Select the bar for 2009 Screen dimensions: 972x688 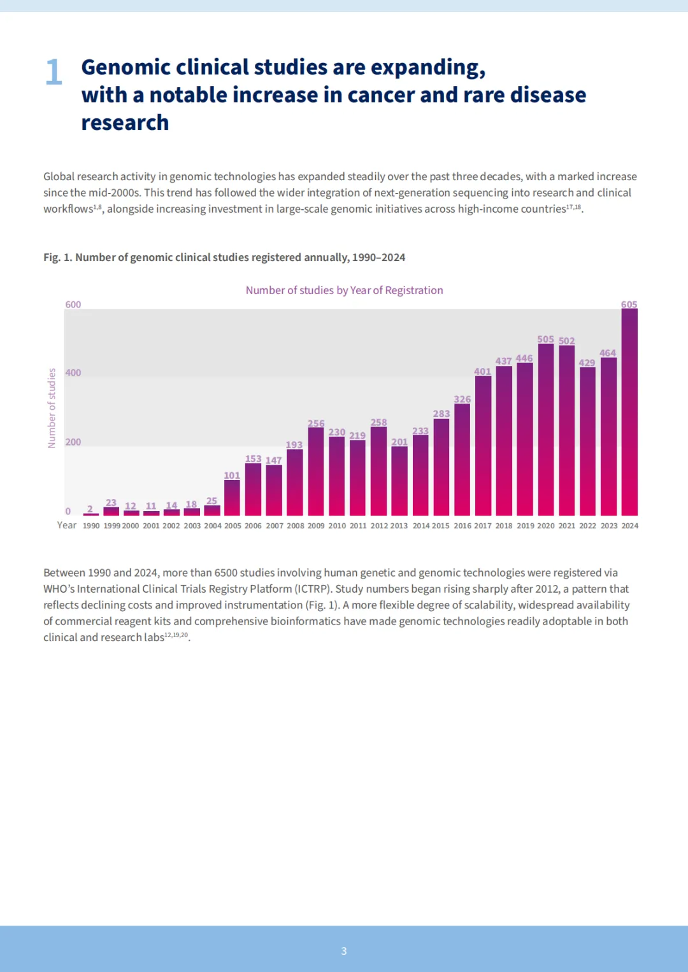pos(316,471)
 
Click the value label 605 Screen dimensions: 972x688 pos(629,304)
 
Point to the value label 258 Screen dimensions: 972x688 pos(378,422)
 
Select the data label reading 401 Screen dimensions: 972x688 pos(483,371)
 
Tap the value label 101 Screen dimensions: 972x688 pos(232,475)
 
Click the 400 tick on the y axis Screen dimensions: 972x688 pos(73,373)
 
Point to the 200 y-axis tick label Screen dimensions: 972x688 pos(73,442)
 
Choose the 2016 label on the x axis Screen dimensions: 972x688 pos(462,526)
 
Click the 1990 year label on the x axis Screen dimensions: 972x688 pos(91,526)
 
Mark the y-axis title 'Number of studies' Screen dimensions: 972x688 pos(52,408)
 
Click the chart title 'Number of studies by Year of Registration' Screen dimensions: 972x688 pos(344,290)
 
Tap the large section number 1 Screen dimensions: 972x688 pos(54,72)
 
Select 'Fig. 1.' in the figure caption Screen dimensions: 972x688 pos(57,257)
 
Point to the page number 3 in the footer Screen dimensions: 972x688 pos(344,951)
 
